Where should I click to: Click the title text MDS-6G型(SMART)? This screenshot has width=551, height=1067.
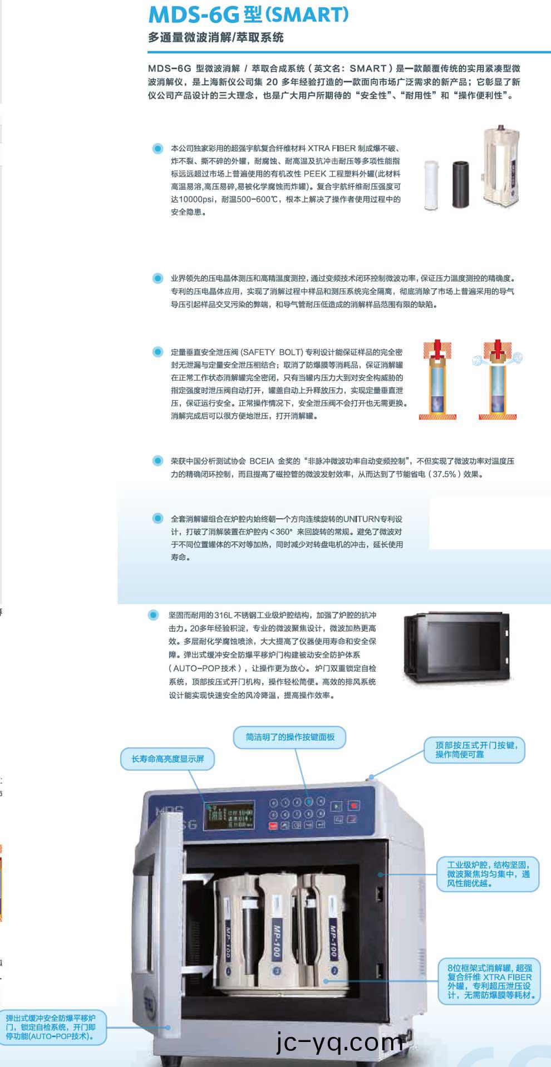pyautogui.click(x=248, y=14)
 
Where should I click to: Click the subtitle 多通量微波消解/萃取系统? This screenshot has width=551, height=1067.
pyautogui.click(x=216, y=38)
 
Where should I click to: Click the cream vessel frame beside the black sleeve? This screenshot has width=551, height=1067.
pyautogui.click(x=502, y=167)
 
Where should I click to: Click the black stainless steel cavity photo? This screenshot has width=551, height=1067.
pyautogui.click(x=457, y=647)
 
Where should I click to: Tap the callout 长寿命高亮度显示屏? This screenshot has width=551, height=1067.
pyautogui.click(x=168, y=759)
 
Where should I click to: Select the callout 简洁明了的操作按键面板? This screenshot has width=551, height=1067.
pyautogui.click(x=290, y=737)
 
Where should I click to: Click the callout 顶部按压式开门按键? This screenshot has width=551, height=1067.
pyautogui.click(x=475, y=750)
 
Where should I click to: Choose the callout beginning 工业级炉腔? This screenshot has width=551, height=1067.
pyautogui.click(x=488, y=874)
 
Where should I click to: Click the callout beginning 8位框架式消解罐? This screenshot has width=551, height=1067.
pyautogui.click(x=489, y=981)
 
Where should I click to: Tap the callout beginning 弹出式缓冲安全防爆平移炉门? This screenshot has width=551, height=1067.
pyautogui.click(x=51, y=1027)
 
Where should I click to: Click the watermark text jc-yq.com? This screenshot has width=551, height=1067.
pyautogui.click(x=340, y=1042)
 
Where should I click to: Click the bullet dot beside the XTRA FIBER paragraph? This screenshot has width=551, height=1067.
pyautogui.click(x=158, y=149)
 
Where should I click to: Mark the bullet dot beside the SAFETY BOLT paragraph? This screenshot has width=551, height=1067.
pyautogui.click(x=158, y=352)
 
